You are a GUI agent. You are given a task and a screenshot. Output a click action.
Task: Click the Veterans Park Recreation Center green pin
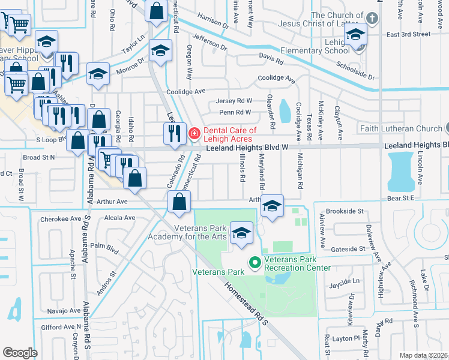255,262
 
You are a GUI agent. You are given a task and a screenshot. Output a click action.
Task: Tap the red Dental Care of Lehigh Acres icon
194,133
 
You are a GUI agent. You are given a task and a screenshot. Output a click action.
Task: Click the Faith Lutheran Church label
400,128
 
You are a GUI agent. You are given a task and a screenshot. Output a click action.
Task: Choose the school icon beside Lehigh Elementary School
356,37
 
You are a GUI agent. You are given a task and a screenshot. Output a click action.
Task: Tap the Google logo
20,353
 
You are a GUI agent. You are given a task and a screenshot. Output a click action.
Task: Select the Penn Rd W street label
235,112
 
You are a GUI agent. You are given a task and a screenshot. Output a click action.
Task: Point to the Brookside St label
343,211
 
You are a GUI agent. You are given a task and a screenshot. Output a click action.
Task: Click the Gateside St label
345,248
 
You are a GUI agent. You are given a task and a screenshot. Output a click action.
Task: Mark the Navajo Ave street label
62,311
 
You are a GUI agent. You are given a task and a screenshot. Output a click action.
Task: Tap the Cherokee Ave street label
61,219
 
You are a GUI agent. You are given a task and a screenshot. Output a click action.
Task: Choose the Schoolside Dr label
355,71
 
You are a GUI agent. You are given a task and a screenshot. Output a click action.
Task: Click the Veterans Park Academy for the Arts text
200,232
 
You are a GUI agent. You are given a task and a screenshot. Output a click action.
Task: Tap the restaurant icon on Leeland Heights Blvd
174,133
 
